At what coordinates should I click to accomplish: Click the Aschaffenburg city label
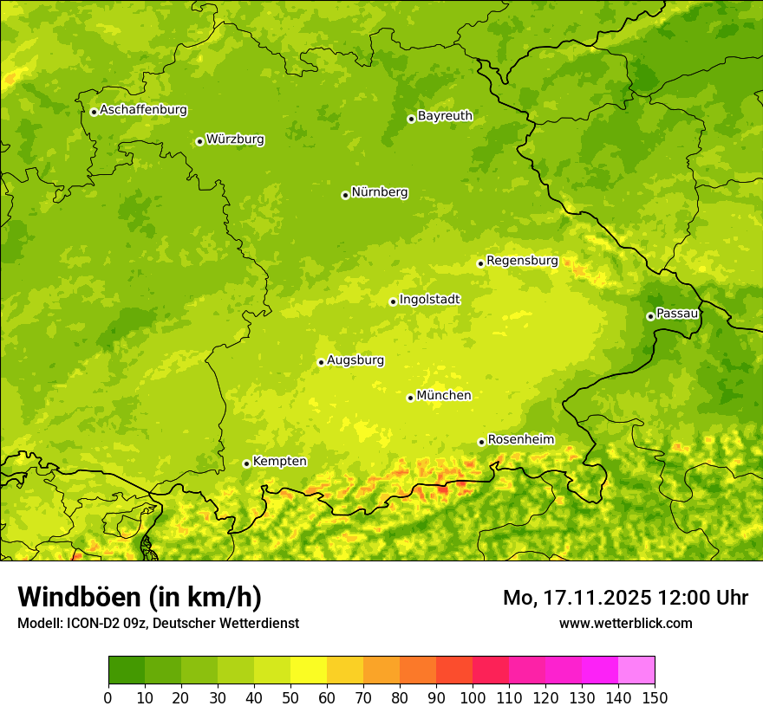[143, 110]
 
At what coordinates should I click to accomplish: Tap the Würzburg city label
[235, 139]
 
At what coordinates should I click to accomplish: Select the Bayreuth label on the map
[445, 116]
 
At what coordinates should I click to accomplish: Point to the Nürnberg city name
[379, 192]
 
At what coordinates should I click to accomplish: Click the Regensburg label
[522, 261]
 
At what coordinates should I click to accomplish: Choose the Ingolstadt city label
[429, 300]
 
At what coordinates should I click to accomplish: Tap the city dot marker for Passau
[650, 316]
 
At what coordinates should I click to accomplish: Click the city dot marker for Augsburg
[321, 362]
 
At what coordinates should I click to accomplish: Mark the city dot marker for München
[411, 398]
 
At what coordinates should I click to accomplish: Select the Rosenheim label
[520, 440]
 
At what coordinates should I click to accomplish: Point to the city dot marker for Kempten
[246, 463]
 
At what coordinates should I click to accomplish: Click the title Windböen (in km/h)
[140, 597]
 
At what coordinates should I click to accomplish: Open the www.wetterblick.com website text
[625, 623]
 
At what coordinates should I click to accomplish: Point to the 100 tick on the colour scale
[473, 697]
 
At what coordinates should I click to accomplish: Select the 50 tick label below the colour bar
[290, 697]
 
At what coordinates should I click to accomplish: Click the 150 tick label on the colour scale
[655, 697]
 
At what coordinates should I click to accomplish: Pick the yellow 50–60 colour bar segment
[309, 670]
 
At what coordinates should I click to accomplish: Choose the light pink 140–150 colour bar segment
[636, 670]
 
